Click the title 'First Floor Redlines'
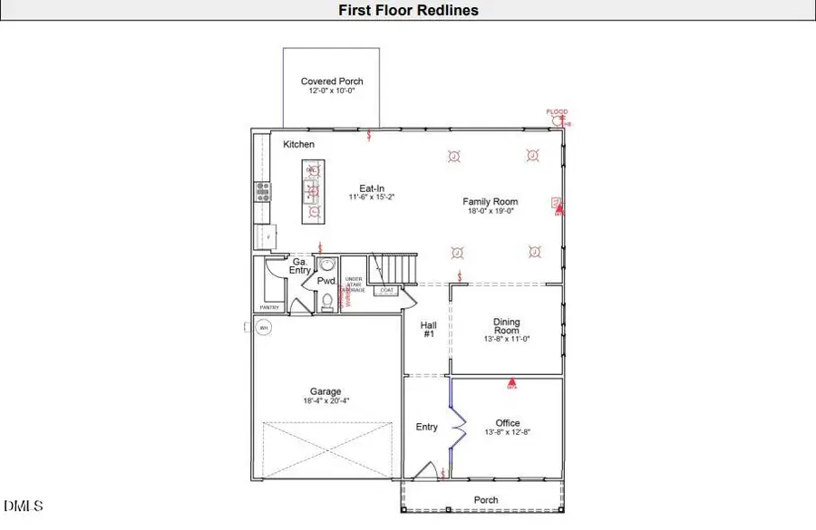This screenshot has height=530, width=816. pos(408,11)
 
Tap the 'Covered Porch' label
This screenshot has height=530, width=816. pos(332,82)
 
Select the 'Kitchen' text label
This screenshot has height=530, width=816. pos(299,145)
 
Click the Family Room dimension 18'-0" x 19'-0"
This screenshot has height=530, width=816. pos(491,211)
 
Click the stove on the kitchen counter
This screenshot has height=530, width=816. pos(262,190)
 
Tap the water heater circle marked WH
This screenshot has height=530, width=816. pos(265,328)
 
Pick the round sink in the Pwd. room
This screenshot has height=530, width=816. pos(327,265)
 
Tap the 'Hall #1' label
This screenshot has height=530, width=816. pos(429,329)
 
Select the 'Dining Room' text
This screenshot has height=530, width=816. pos(506,326)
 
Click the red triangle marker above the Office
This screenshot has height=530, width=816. pos(511,383)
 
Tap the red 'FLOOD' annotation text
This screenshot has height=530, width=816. pos(557,112)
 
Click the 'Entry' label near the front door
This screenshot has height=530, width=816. pos(426,427)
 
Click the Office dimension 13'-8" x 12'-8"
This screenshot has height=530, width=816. pos(507,432)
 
